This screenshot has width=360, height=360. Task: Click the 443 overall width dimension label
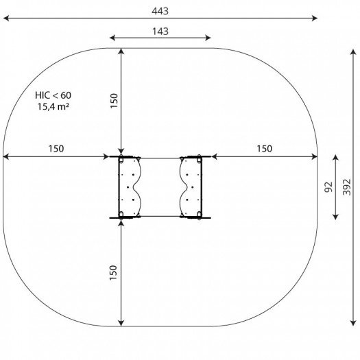coord(160,11)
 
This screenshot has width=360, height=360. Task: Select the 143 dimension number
coord(160,32)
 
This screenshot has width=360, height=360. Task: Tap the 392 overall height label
coord(347,187)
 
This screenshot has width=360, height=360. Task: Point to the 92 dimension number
coord(328,187)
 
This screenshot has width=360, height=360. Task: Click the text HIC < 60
coord(53,95)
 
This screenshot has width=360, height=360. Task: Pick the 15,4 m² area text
coord(53,106)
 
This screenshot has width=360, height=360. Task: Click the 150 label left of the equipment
coord(56,149)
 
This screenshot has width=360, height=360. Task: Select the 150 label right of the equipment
coord(265,149)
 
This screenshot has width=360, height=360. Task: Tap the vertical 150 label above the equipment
coord(114,101)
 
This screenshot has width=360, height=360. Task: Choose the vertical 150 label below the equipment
coord(113,272)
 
